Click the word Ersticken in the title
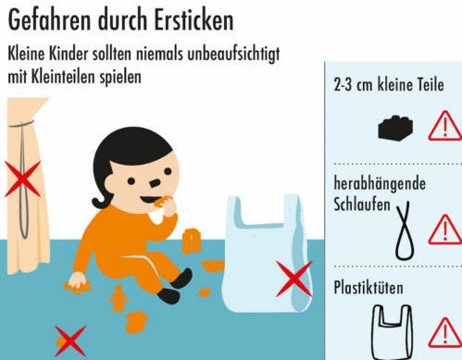pos(194,20)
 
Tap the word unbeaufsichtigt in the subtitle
pos(234,55)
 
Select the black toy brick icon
pos(395,128)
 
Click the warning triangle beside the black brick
pos(445,126)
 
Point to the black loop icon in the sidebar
pos(404,230)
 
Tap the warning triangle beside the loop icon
pos(445,230)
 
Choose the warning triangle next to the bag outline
pos(445,332)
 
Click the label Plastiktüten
pos(368,288)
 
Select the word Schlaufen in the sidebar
pos(362,205)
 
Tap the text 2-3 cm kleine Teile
pos(389,84)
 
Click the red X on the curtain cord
pos(23,179)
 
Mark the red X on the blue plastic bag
pos(294,279)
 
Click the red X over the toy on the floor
pos(70,341)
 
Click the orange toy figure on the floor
pos(119,298)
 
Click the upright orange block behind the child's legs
pos(192,242)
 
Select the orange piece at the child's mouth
pos(161,202)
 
